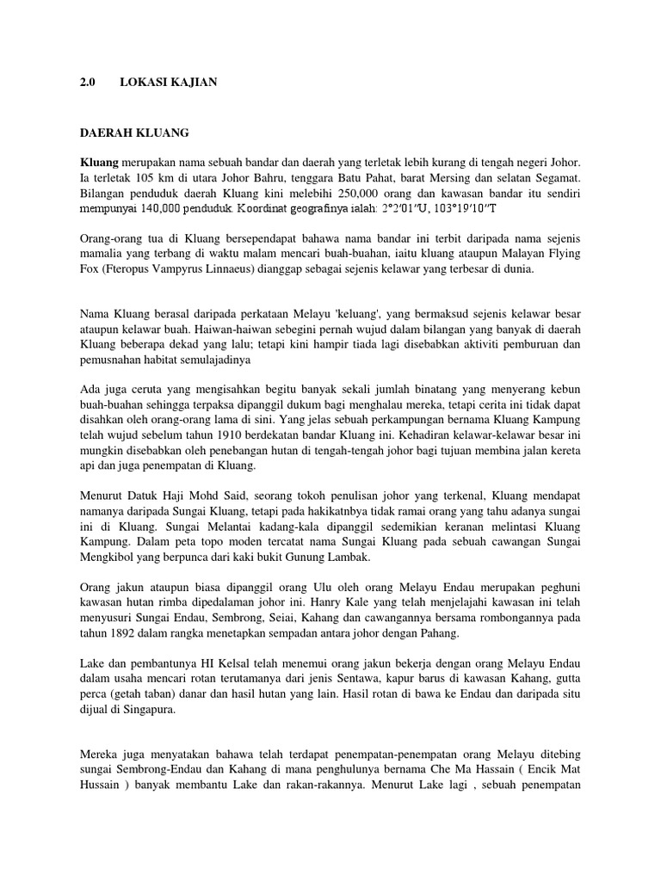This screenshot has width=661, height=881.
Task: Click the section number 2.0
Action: coord(87,82)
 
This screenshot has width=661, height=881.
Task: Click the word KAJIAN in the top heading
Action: coord(194,82)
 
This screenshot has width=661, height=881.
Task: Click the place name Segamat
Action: coord(557,178)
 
